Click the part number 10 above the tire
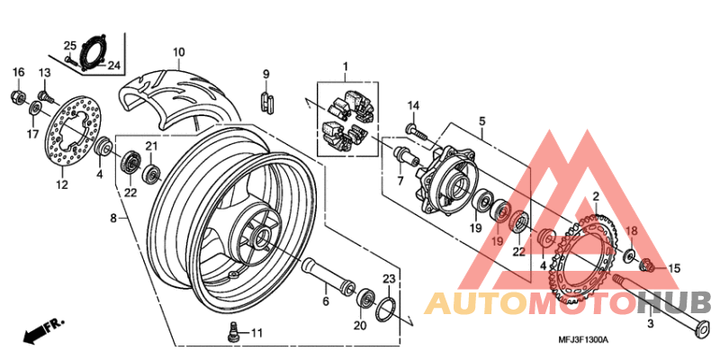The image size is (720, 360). tap(178, 51)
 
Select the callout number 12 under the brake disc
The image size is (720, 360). tap(62, 185)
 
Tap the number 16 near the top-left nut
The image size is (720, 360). tap(18, 72)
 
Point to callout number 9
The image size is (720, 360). tap(266, 72)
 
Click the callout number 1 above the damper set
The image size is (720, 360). tap(344, 67)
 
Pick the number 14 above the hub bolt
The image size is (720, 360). tap(413, 106)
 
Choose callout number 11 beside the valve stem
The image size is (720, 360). tap(256, 334)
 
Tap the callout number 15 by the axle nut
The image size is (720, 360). tap(674, 268)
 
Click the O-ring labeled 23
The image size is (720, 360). tap(385, 310)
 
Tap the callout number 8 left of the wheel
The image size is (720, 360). tap(112, 218)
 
